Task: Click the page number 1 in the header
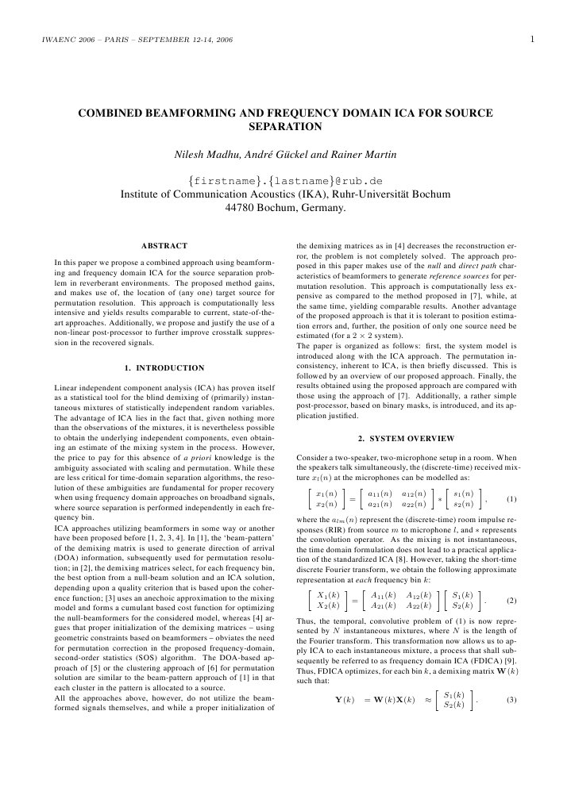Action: [531, 39]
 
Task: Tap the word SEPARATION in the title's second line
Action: [285, 126]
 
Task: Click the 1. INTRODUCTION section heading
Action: [164, 367]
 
